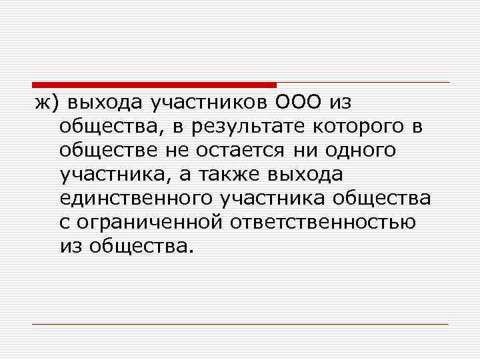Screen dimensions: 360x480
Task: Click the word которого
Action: pos(351,127)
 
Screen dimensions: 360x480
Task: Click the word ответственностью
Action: pos(323,222)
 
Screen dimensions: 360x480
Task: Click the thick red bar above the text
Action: pos(154,85)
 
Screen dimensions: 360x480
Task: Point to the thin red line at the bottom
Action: pos(240,324)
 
